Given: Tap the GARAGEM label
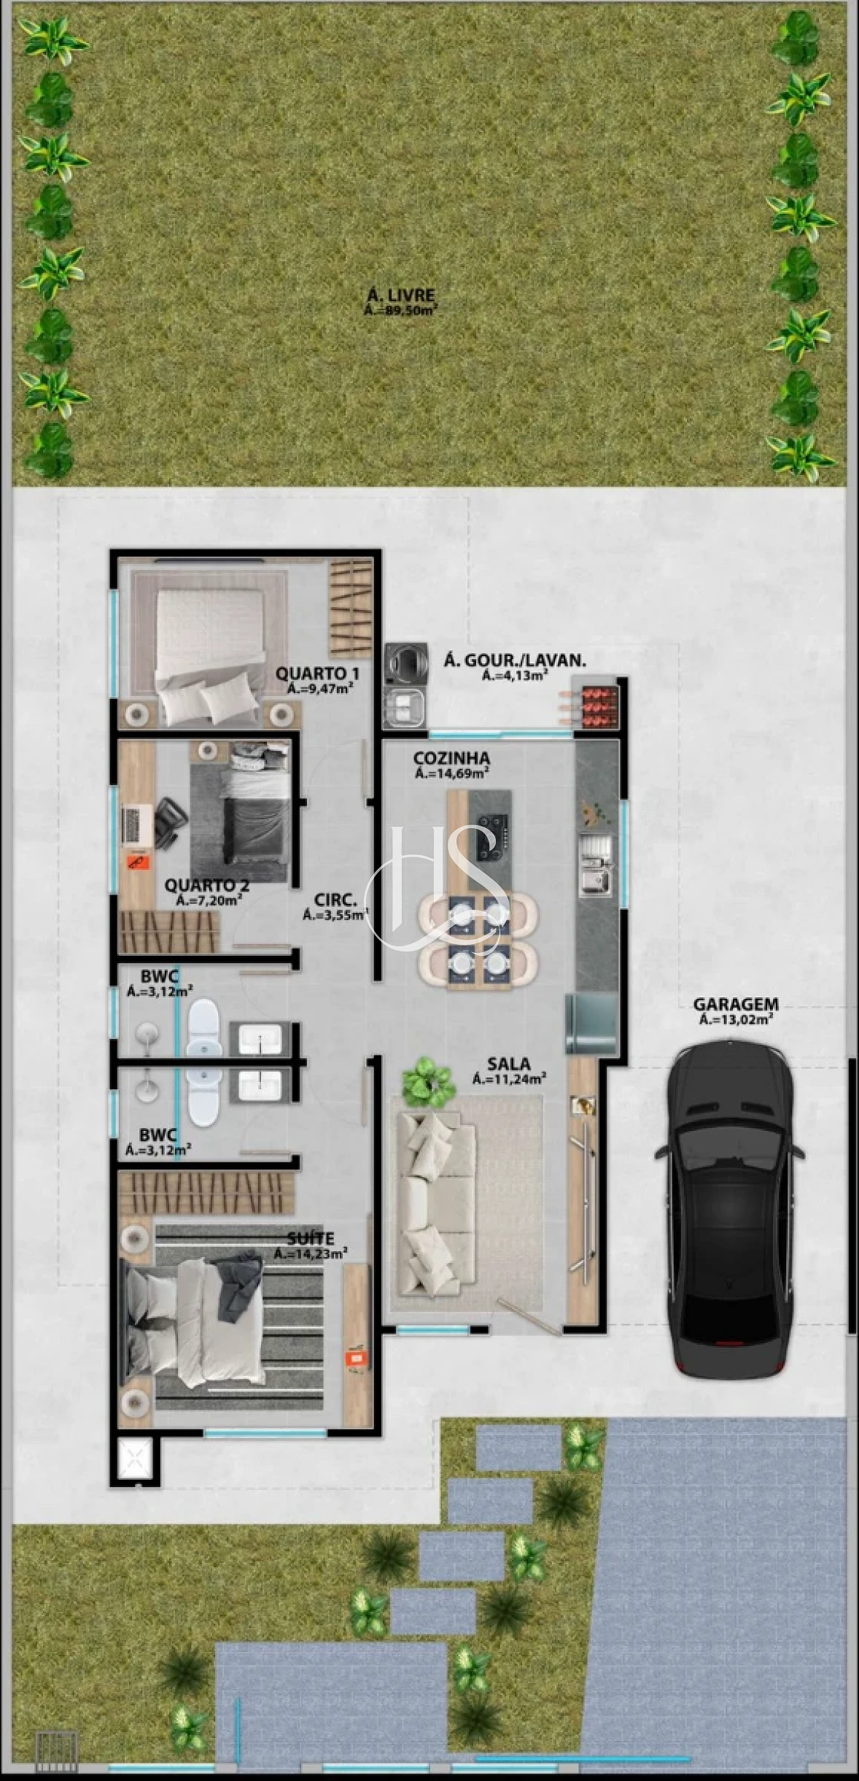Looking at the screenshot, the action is click(735, 1004).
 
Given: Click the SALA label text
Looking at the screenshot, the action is click(509, 1064).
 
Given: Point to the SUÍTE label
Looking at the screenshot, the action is click(311, 1239).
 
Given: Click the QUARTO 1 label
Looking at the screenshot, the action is click(317, 673).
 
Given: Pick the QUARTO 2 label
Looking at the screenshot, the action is click(207, 886).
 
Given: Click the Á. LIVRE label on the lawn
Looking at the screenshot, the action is click(400, 295).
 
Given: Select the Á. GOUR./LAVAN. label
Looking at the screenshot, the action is click(515, 661).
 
